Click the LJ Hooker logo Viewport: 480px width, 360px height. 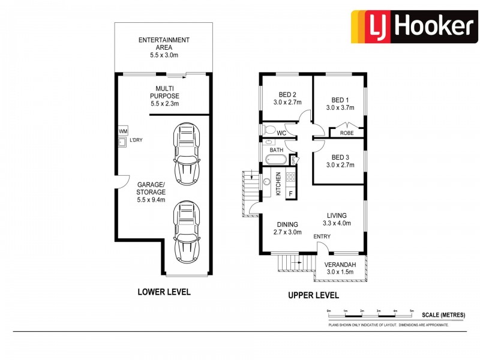415,26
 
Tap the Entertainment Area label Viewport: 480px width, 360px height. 164,47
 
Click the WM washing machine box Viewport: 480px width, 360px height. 122,131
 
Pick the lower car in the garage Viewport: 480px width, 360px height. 186,232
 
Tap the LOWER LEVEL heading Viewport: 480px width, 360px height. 164,292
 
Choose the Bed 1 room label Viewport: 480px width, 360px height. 340,104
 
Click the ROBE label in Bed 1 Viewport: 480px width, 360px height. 346,133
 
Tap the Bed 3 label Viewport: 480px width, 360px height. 340,160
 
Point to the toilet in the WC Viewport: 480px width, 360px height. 268,130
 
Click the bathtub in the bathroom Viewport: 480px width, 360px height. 276,160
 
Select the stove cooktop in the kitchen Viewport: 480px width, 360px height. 290,176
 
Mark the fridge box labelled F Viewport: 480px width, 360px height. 291,193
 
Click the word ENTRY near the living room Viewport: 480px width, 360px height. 322,236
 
